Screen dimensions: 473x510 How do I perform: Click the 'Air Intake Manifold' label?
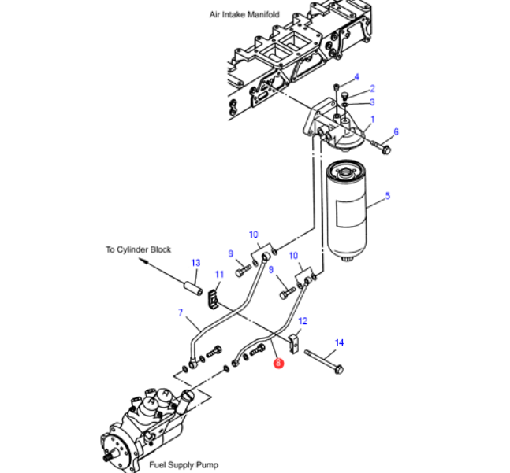(244, 14)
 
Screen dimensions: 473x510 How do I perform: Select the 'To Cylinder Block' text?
(138, 249)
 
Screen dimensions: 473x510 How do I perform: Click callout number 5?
(387, 195)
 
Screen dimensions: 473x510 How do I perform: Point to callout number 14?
(340, 342)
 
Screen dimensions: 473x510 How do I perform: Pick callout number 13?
(195, 263)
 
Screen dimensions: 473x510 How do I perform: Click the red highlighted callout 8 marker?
(277, 364)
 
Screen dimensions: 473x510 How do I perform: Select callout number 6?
(396, 131)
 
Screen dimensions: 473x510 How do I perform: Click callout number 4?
(356, 77)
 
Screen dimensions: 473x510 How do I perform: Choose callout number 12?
(303, 321)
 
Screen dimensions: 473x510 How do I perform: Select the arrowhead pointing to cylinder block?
(145, 267)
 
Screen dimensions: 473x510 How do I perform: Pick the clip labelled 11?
(214, 299)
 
